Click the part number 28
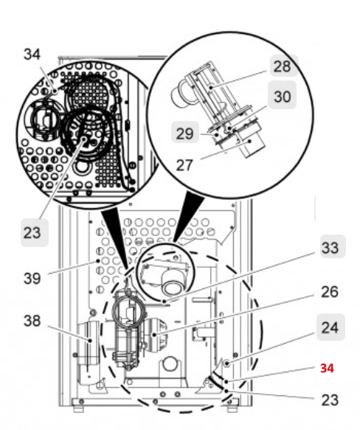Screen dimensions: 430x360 (281, 66)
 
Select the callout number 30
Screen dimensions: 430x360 (283, 96)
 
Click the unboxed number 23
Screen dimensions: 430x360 (329, 400)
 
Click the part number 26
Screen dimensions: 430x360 (329, 292)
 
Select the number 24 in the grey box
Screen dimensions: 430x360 (329, 326)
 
